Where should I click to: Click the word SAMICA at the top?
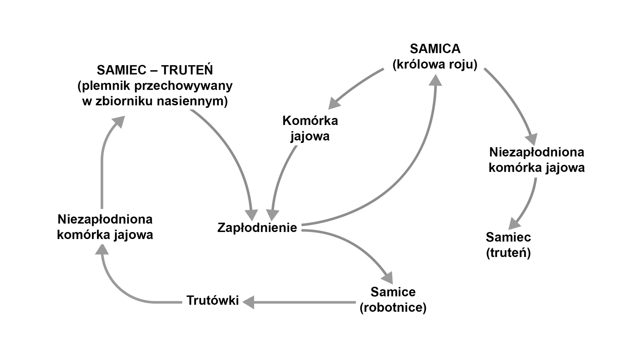435,49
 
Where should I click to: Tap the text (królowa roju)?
435,64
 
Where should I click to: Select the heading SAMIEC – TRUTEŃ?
155,70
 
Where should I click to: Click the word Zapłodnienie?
257,228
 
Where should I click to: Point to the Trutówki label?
213,300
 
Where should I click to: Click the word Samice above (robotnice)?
393,292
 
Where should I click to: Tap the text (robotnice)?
393,308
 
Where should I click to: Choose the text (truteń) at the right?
508,253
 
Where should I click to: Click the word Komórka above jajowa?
310,121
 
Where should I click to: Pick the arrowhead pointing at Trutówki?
248,302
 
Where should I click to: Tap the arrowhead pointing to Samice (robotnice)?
388,278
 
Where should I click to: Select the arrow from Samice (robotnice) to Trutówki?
301,302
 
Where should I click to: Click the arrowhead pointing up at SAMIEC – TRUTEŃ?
119,121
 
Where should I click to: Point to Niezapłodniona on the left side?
105,220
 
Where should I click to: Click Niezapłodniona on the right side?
536,152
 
